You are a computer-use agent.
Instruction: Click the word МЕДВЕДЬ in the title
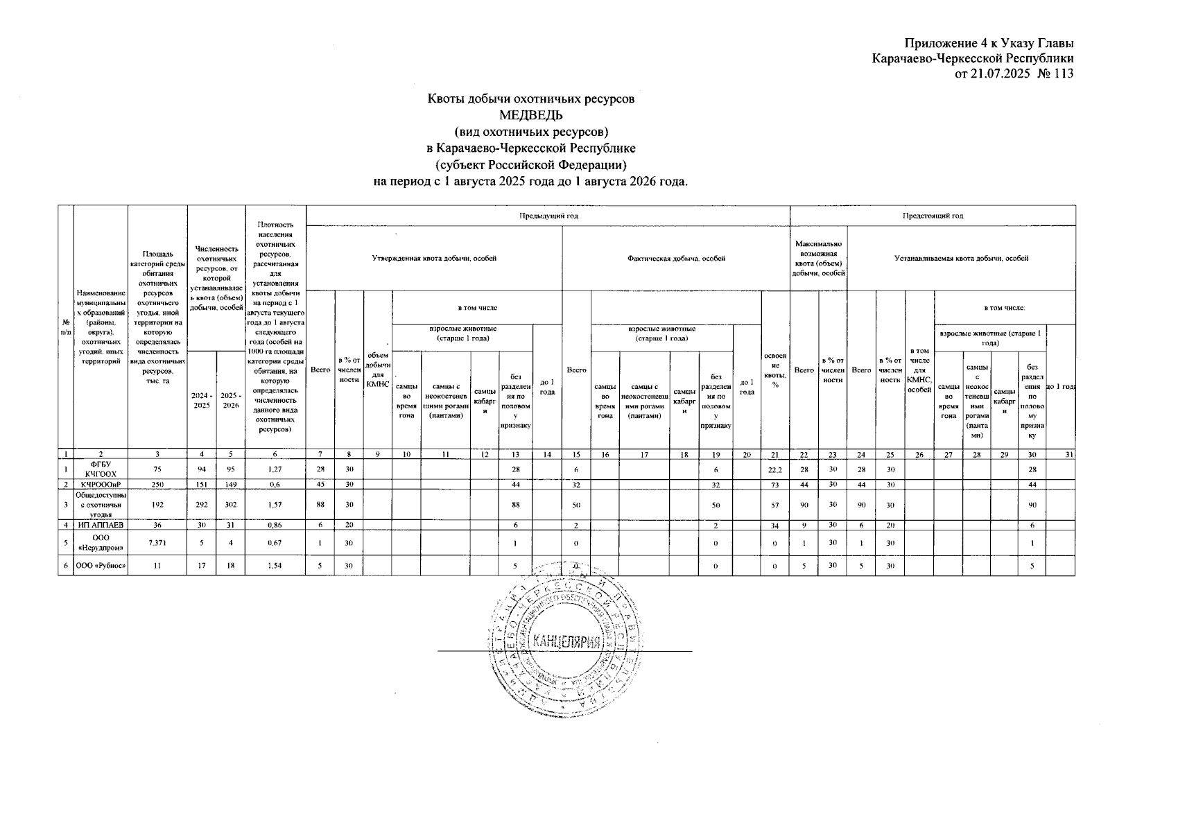530,114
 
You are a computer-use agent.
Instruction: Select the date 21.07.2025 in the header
999,73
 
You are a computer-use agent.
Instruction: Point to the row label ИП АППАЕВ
101,525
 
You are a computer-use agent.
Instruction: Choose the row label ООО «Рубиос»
101,566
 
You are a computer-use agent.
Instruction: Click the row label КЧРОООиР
101,484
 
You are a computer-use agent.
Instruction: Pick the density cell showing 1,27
275,469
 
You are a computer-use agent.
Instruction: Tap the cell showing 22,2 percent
775,469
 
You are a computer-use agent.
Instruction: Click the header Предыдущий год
548,216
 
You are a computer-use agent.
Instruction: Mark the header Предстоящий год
932,216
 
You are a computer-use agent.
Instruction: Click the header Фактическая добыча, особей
675,259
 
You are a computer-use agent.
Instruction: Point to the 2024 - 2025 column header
202,400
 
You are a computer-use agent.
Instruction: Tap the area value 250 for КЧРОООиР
157,484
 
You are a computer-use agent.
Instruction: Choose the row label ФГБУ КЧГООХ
101,469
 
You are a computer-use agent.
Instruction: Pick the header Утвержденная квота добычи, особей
434,259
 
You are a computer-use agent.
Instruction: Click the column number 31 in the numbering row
1068,455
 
